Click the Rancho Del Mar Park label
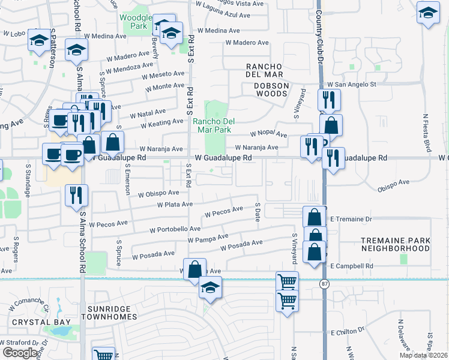[x=212, y=125]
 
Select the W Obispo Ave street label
[x=158, y=194]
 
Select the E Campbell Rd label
[x=351, y=266]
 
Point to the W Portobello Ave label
[x=175, y=229]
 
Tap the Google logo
[x=20, y=352]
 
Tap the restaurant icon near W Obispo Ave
[x=77, y=195]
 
